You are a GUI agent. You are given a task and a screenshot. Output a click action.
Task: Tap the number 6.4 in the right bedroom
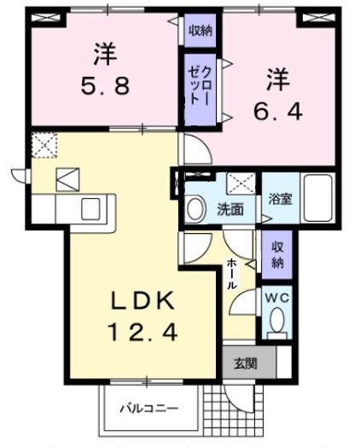(276, 110)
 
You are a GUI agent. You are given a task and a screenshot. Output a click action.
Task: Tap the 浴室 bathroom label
(282, 201)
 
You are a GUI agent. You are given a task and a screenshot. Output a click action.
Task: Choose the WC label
(276, 299)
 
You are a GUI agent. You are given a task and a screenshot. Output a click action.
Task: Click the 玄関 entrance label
(245, 363)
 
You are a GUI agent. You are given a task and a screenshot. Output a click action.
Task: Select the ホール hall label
(231, 275)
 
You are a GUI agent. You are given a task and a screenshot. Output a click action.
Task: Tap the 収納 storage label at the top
(200, 32)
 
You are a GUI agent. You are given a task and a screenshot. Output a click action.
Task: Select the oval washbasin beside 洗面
(195, 207)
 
